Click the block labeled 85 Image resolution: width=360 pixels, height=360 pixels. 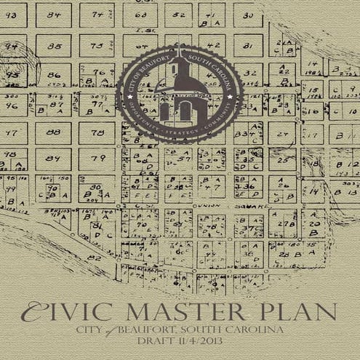[54, 46]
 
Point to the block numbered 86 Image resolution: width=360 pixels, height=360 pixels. [54, 75]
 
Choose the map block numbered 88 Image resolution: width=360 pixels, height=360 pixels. [54, 132]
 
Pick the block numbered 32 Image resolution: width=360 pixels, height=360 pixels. [249, 74]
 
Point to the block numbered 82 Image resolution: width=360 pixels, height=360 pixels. [94, 257]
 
